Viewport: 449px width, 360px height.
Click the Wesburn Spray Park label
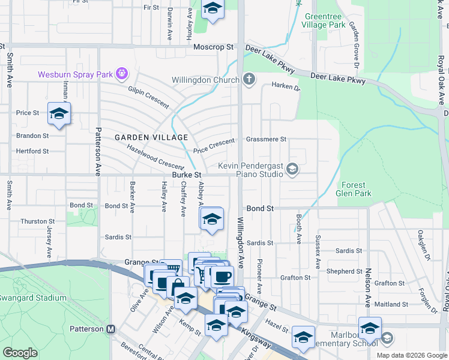pos(76,74)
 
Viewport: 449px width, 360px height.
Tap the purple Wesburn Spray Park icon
pos(122,74)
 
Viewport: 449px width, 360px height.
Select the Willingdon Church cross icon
pos(249,79)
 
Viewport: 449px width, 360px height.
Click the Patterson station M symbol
pos(110,329)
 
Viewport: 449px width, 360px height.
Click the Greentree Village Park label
pos(324,21)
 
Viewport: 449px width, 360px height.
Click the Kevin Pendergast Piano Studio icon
pos(292,169)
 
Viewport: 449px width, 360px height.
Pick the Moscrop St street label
pos(213,47)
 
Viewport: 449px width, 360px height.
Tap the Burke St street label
pos(186,175)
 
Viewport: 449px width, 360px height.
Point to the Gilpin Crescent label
pos(148,96)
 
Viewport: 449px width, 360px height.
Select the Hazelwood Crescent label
pos(155,159)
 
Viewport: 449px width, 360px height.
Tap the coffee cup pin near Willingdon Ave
pos(222,276)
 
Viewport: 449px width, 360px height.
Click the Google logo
pos(20,353)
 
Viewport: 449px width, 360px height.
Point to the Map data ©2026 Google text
pos(411,355)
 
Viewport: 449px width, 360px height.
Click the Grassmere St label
pos(266,139)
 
